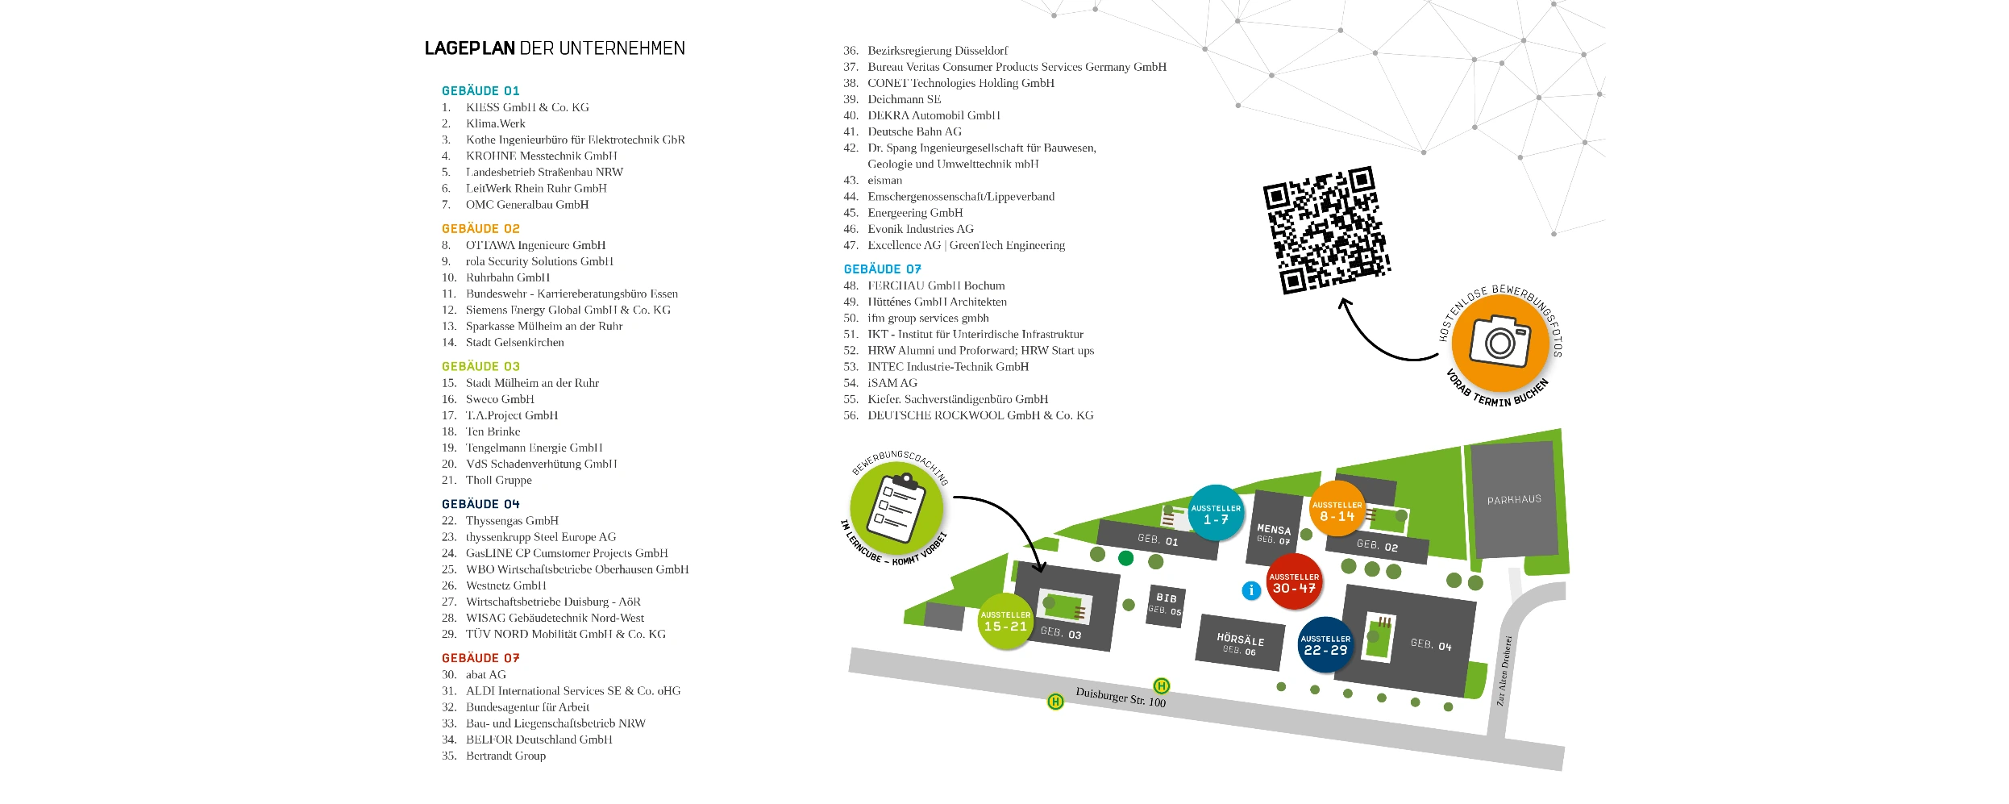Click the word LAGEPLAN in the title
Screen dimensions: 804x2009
[469, 48]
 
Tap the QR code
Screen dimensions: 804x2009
[1325, 231]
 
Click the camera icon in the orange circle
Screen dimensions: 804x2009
[1499, 342]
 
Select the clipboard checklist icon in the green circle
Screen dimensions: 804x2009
[896, 510]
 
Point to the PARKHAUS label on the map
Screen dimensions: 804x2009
[1513, 500]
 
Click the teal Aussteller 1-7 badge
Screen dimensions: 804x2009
[1216, 513]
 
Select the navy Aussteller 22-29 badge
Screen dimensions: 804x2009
[1325, 644]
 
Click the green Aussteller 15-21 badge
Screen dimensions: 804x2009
[1005, 621]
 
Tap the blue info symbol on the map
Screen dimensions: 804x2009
[1250, 590]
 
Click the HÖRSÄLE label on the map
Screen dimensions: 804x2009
[1240, 639]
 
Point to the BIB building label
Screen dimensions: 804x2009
[1166, 598]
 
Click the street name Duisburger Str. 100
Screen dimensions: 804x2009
[1121, 697]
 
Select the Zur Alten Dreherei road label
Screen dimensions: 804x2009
[1504, 671]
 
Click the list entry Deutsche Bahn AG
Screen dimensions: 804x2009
[914, 131]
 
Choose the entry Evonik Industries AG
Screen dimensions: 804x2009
[920, 229]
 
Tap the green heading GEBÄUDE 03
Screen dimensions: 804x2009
[480, 366]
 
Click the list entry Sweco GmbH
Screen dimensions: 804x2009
[500, 399]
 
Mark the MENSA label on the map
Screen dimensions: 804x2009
[1273, 530]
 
